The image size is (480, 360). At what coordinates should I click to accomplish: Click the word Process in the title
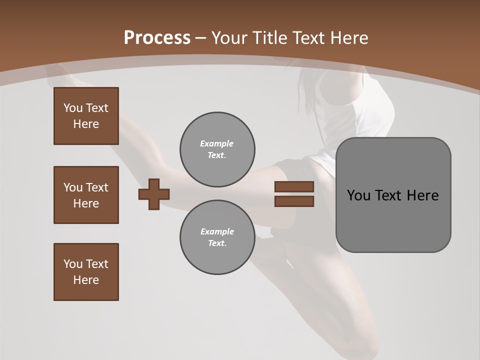(x=157, y=38)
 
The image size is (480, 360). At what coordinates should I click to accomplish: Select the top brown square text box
(x=86, y=116)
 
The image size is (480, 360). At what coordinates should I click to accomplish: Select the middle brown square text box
(x=86, y=195)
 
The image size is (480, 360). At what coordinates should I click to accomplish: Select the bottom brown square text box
(x=86, y=272)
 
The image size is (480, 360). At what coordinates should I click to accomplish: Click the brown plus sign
(x=154, y=194)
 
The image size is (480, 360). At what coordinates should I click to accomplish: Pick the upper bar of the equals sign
(x=294, y=186)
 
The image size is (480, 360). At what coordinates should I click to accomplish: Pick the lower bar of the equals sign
(x=294, y=201)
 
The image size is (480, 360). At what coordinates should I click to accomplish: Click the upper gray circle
(x=217, y=149)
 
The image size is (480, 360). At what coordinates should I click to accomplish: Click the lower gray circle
(x=217, y=237)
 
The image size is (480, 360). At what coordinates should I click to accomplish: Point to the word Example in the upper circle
(x=216, y=143)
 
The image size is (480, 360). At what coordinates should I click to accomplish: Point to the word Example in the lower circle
(x=217, y=231)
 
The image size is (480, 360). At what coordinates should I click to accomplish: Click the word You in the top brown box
(x=72, y=108)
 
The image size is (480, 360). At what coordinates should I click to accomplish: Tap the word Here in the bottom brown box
(x=86, y=280)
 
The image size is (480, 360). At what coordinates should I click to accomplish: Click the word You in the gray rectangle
(x=358, y=195)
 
